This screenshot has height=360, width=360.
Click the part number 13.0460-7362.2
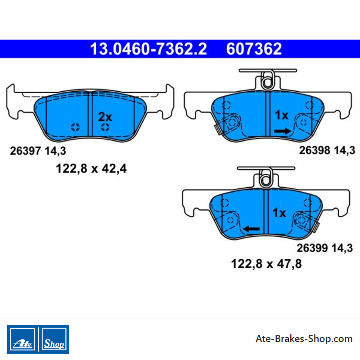pos(148,49)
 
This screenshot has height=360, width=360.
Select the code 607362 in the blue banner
pos(254,49)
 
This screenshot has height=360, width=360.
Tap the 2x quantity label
pos(105,117)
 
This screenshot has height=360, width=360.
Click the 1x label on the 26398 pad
pos(282,115)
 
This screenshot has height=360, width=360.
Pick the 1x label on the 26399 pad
pos(279,213)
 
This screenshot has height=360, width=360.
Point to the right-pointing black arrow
pos(283,131)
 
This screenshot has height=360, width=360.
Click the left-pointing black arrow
pos(251,229)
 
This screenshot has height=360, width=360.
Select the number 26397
pos(25,151)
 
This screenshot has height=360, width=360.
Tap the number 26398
pos(315,150)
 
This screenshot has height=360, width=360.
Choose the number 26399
pos(312,248)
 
